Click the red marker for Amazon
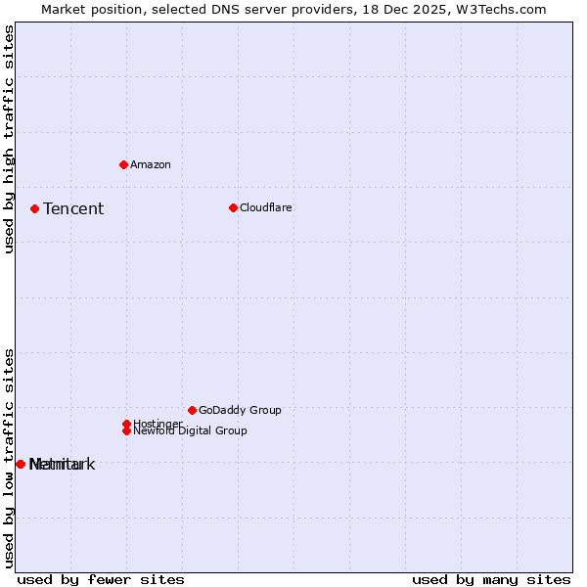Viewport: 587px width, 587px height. tap(123, 164)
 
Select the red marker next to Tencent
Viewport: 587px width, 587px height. tap(34, 208)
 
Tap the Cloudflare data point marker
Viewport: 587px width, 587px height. tap(233, 207)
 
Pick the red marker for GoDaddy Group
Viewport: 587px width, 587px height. tap(192, 410)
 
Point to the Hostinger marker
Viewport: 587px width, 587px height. tap(126, 424)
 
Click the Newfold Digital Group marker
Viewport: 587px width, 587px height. tap(126, 430)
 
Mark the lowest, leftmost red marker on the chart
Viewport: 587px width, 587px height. tap(21, 464)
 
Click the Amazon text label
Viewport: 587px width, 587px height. tap(151, 164)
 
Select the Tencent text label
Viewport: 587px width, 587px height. tap(73, 208)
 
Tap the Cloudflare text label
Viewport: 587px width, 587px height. tap(266, 207)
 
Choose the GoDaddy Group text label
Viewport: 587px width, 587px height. tap(240, 410)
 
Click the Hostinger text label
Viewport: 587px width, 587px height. tap(158, 424)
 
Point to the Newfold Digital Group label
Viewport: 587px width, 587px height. tap(190, 430)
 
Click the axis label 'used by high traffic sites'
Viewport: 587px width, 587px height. tap(9, 140)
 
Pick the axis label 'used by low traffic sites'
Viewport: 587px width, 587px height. tap(9, 457)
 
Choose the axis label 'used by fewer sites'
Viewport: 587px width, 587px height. tap(101, 579)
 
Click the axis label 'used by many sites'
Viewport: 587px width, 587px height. tap(491, 579)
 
